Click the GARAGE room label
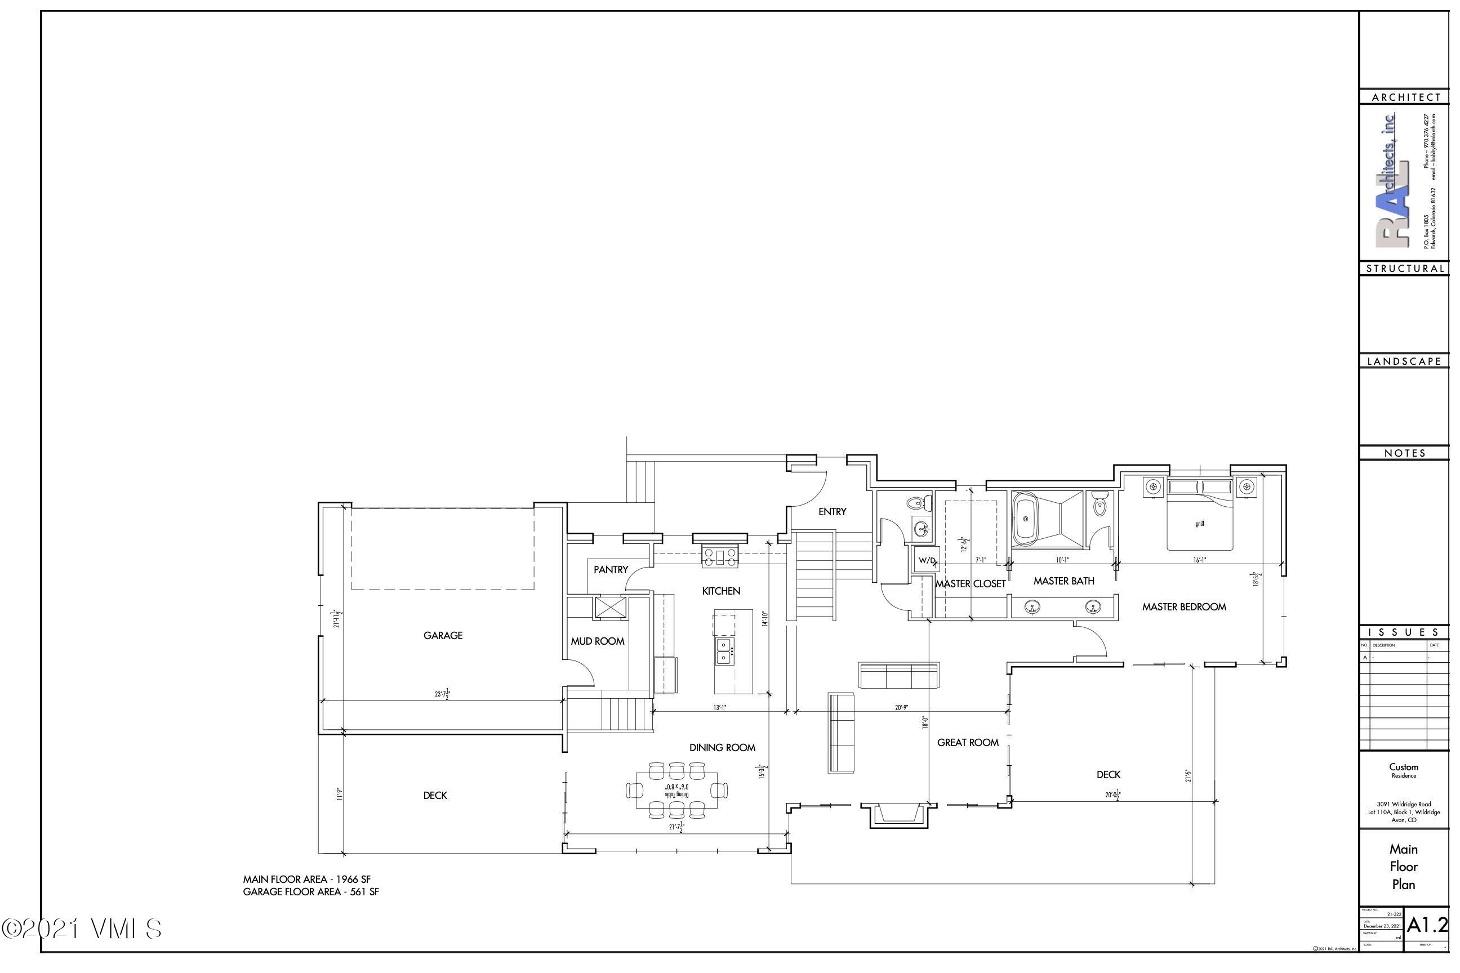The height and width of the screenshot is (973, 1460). [x=443, y=635]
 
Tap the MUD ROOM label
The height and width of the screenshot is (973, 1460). [x=597, y=641]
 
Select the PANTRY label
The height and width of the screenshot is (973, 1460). [x=610, y=570]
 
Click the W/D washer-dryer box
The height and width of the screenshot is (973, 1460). [x=927, y=560]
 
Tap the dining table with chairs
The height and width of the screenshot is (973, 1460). [x=676, y=791]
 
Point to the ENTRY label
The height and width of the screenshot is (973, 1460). [x=832, y=512]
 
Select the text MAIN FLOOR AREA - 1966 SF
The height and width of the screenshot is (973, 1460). [x=306, y=880]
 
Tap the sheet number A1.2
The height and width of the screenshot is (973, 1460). [x=1426, y=925]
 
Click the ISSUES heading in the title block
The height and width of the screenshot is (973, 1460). [x=1404, y=632]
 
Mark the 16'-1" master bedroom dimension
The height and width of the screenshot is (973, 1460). [x=1199, y=560]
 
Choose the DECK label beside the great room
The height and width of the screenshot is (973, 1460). [x=1108, y=774]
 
